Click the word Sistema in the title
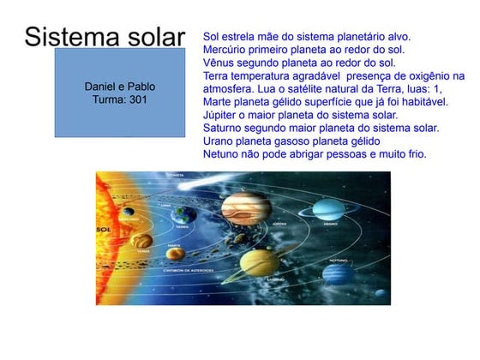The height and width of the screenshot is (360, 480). point(69,37)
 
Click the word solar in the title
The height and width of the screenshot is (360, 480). point(153,37)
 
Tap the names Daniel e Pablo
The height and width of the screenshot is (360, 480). point(120,87)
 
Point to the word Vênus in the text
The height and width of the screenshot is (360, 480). point(219,63)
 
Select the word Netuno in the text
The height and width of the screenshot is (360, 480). point(222,153)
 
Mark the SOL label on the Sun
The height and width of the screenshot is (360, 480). point(105,230)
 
